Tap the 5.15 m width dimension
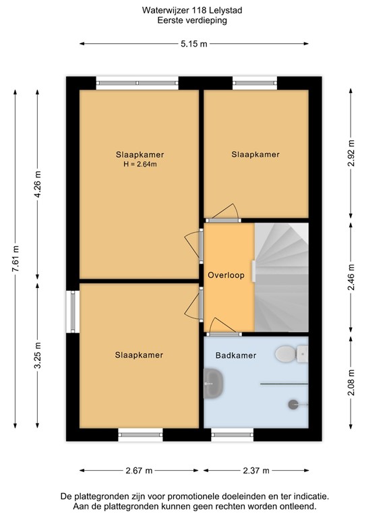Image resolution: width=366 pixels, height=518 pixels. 194,44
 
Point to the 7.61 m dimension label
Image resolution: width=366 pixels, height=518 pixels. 15,260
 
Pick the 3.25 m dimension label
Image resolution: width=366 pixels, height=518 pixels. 38,355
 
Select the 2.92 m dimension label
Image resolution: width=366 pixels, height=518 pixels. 350,152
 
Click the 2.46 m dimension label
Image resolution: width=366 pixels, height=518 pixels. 350,277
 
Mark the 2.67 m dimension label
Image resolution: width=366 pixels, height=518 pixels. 139,470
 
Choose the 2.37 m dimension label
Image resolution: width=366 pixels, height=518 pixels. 255,470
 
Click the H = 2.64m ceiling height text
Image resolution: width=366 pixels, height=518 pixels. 140,164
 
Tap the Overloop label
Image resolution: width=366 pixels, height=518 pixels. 226,275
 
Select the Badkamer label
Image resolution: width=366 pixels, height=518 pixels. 236,355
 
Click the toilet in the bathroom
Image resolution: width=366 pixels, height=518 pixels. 287,353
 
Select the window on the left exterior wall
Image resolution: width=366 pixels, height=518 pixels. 72,312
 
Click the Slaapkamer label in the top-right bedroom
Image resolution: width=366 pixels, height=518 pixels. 255,154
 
